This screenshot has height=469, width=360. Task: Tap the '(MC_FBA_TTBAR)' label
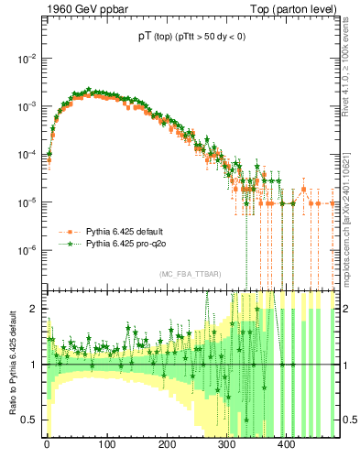pyautogui.click(x=190, y=275)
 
